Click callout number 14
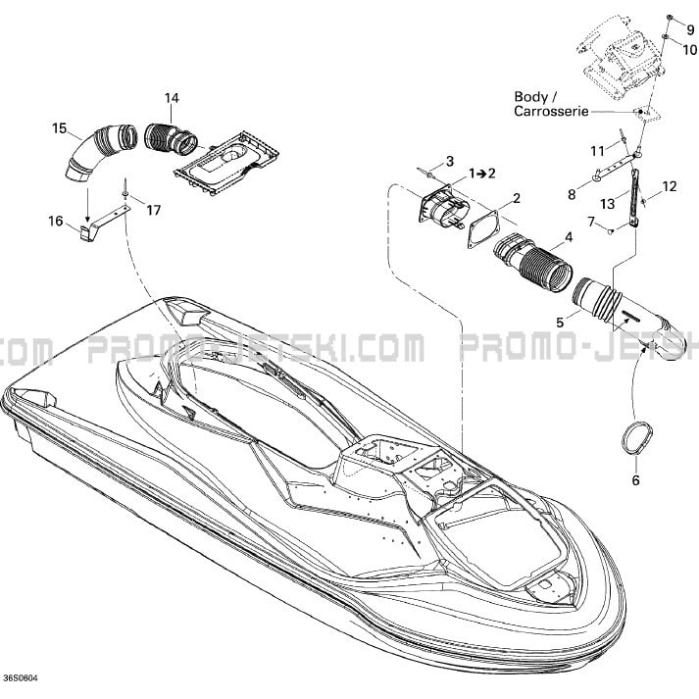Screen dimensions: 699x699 (172, 97)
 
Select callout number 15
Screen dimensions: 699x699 (59, 128)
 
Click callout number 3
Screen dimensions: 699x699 (450, 160)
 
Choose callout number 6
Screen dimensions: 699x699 (634, 480)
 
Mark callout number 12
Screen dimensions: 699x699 (670, 185)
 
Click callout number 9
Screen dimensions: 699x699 (675, 29)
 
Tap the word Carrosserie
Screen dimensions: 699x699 (551, 112)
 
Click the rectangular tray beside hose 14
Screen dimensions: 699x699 (228, 160)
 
